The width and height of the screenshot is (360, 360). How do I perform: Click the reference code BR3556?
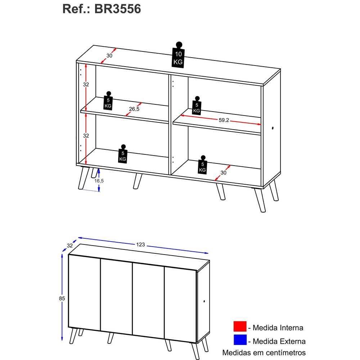coord(117,9)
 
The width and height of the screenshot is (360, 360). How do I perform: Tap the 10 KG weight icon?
coord(178,55)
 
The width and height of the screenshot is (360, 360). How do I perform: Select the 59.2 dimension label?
coord(224,120)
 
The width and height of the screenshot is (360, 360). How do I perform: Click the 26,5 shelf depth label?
coord(134,109)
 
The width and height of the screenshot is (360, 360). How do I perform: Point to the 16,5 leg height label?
coord(99,181)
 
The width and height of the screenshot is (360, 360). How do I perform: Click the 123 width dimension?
coord(140,244)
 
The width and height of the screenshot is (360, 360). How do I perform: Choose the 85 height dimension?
coord(62,298)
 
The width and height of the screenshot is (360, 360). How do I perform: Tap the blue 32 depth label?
coord(70,246)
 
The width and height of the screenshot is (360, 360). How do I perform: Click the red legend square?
coord(240,326)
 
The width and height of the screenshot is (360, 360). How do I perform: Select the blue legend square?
coord(240,339)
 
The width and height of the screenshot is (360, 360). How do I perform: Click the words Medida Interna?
coord(278,328)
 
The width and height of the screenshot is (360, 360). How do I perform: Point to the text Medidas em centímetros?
coord(264,352)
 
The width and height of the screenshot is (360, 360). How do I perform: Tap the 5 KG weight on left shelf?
coord(108,101)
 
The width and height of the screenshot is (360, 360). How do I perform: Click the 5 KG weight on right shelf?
coord(197,106)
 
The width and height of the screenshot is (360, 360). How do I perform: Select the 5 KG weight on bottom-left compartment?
coord(123,154)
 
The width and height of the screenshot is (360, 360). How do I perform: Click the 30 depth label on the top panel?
coord(109,55)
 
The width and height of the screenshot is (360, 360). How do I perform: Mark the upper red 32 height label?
coord(86,85)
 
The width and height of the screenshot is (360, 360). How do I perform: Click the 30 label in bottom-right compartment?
coord(224,173)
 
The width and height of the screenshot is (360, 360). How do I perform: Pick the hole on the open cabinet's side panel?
coord(273,128)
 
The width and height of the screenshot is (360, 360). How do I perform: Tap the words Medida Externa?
coord(279,341)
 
